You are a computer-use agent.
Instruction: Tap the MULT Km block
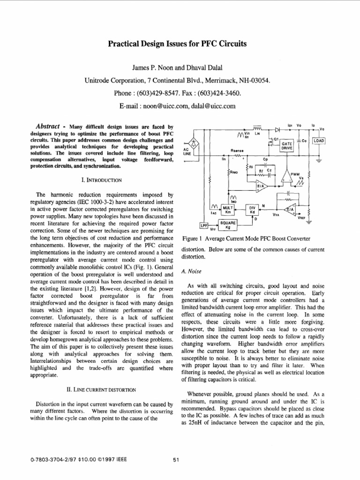(228, 209)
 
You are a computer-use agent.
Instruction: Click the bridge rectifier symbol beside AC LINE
(192, 142)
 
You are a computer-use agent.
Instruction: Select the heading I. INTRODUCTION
(102, 180)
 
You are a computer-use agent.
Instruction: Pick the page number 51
(176, 460)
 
